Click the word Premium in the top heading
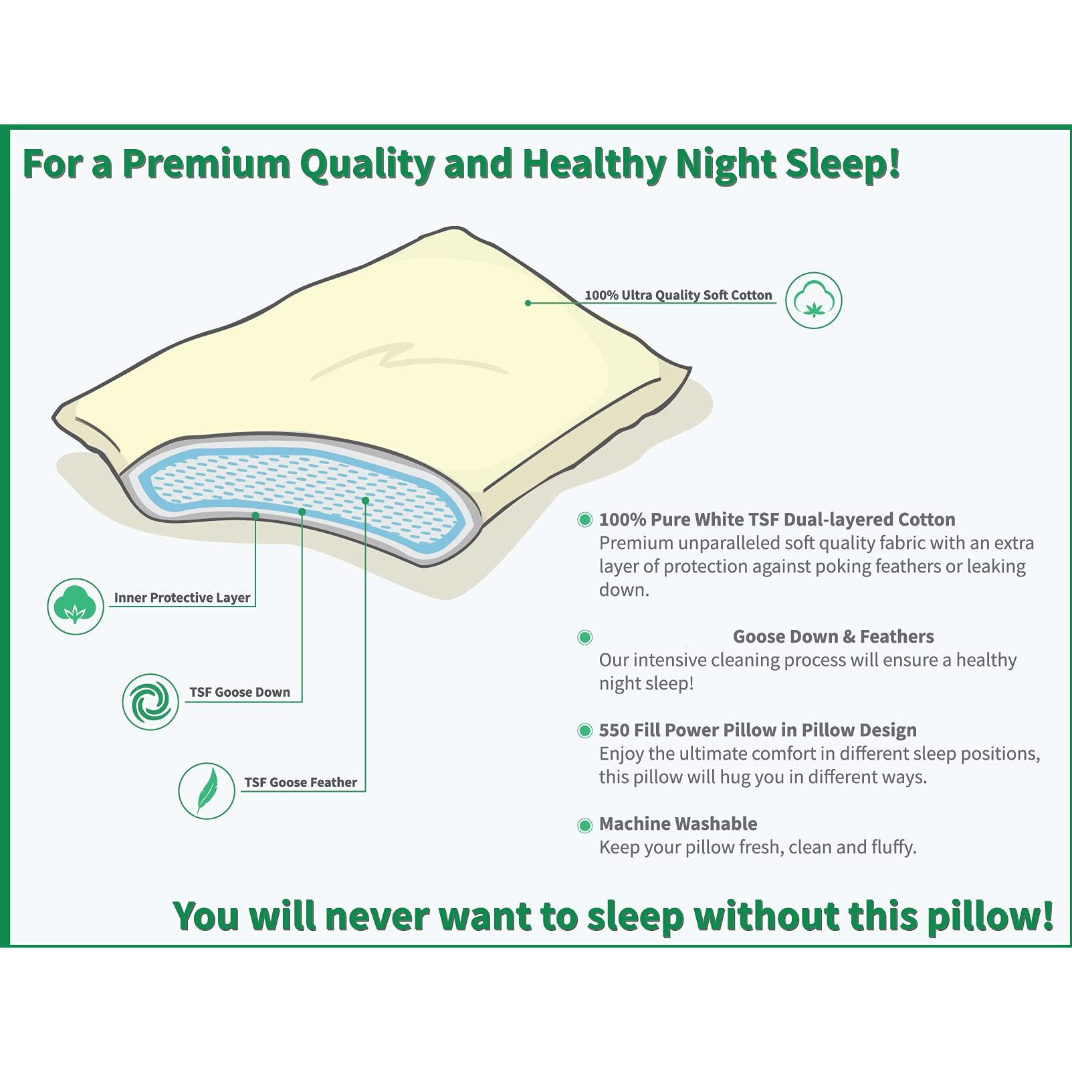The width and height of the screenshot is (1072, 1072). (x=206, y=165)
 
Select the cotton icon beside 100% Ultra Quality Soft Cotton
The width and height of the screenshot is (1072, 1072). (x=813, y=300)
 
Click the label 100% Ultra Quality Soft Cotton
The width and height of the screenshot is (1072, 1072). (x=678, y=295)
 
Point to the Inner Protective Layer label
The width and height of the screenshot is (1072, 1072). (x=182, y=597)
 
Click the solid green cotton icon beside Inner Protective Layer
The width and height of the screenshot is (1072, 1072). (x=76, y=606)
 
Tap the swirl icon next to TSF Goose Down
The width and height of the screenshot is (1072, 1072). (x=150, y=702)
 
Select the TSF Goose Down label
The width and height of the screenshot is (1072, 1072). (x=239, y=692)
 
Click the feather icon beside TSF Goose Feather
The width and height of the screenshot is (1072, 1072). (x=207, y=790)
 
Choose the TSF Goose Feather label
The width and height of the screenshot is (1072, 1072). (x=300, y=782)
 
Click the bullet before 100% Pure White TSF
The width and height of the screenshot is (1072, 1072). (x=584, y=520)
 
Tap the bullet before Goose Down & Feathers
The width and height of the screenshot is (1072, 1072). (x=584, y=637)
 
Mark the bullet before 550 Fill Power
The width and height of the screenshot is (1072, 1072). (x=584, y=730)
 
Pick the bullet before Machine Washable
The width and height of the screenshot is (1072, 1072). (x=584, y=825)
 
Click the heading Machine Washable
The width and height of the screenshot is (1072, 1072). (x=678, y=823)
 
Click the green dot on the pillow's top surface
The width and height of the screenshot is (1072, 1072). (x=528, y=303)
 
